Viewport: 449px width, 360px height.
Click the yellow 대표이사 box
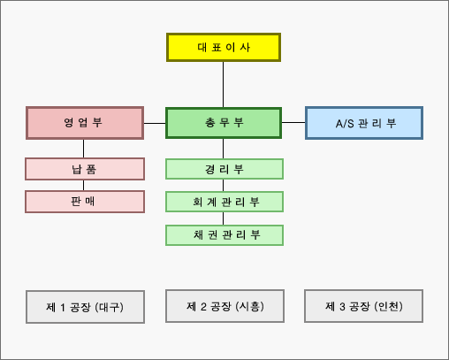coord(224,47)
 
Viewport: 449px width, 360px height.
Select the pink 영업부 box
coord(85,123)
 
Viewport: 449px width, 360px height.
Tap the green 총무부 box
coord(224,123)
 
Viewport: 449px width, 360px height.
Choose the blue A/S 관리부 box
coord(364,123)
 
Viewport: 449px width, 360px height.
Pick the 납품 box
coord(85,169)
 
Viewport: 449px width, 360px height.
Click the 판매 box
coord(85,202)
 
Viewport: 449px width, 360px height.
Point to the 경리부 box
coord(224,169)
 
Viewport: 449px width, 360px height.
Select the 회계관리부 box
coord(224,202)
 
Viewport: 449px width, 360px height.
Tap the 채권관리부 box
coord(224,235)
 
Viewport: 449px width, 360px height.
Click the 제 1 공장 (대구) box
coord(85,307)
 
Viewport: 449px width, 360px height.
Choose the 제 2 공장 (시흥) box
coord(224,306)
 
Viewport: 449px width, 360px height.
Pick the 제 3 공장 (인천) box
coord(364,306)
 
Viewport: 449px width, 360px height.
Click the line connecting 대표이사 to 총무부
coord(223,85)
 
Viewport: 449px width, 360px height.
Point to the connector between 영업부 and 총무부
coord(155,123)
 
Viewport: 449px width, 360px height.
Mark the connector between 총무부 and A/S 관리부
coord(293,122)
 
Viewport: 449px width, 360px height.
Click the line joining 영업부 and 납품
coord(83,149)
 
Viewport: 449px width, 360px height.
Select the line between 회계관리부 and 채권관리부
coord(223,218)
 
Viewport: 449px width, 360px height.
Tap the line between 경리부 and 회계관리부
coord(223,186)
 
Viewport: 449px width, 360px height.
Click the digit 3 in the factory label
coord(342,307)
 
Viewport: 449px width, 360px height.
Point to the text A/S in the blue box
coord(345,124)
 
